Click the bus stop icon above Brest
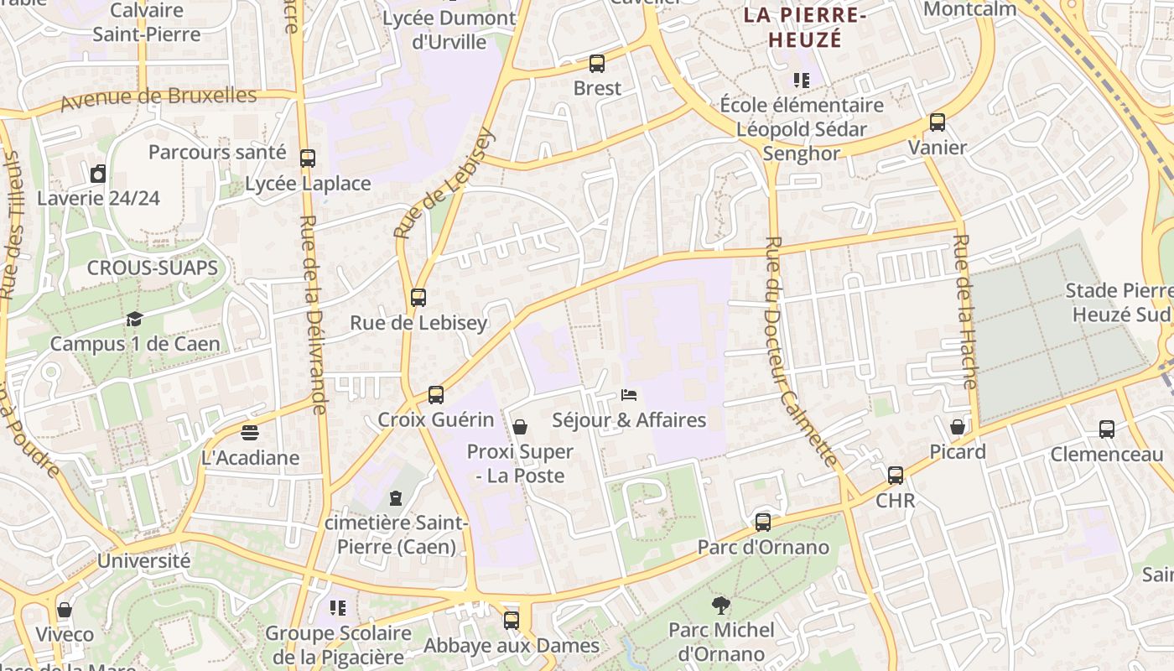click(x=597, y=63)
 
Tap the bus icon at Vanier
click(x=938, y=122)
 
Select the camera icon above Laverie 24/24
click(x=98, y=174)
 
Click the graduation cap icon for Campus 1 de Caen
click(x=134, y=319)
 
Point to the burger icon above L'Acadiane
click(x=250, y=433)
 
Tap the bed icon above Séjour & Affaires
click(x=629, y=394)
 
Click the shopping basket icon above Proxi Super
click(x=520, y=427)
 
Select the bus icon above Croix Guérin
click(x=436, y=394)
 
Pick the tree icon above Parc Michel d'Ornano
click(x=720, y=605)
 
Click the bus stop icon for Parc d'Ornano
click(x=763, y=523)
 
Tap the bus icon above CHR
click(x=896, y=476)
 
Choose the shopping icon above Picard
click(x=958, y=427)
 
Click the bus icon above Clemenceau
click(x=1107, y=429)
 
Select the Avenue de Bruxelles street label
click(x=159, y=99)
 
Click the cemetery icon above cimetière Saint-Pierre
click(x=396, y=498)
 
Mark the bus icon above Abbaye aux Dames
click(x=512, y=621)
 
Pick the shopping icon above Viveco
click(x=65, y=610)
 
